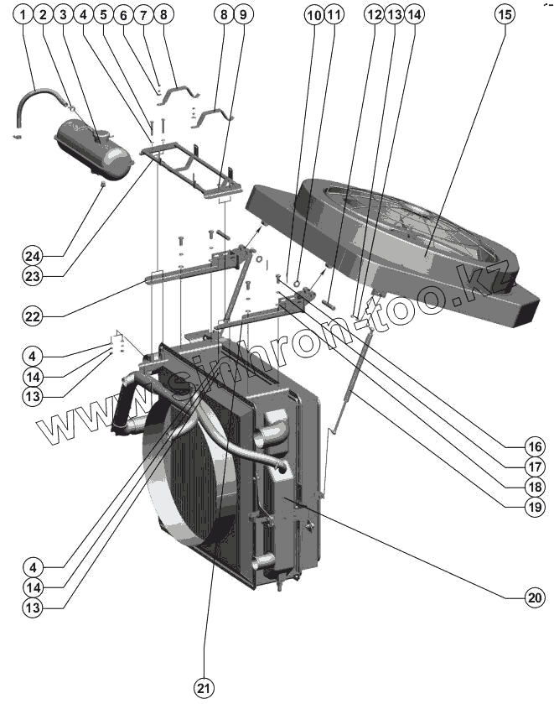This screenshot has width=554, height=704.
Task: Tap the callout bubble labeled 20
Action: coord(535,597)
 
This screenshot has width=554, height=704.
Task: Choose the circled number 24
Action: coord(32,254)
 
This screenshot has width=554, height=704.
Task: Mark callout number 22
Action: coord(32,316)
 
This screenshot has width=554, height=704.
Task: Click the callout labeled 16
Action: coord(535,445)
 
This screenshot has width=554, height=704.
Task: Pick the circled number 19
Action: coord(535,506)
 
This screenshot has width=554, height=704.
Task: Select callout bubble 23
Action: coord(32,274)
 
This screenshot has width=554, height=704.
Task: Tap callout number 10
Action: coord(313,15)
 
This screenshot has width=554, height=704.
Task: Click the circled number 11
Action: coord(334,15)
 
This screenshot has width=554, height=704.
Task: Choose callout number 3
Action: coord(63,15)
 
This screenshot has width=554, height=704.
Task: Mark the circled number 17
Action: coord(535,465)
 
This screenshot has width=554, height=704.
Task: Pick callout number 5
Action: coord(103,15)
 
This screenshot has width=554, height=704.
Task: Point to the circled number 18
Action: coord(535,485)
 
